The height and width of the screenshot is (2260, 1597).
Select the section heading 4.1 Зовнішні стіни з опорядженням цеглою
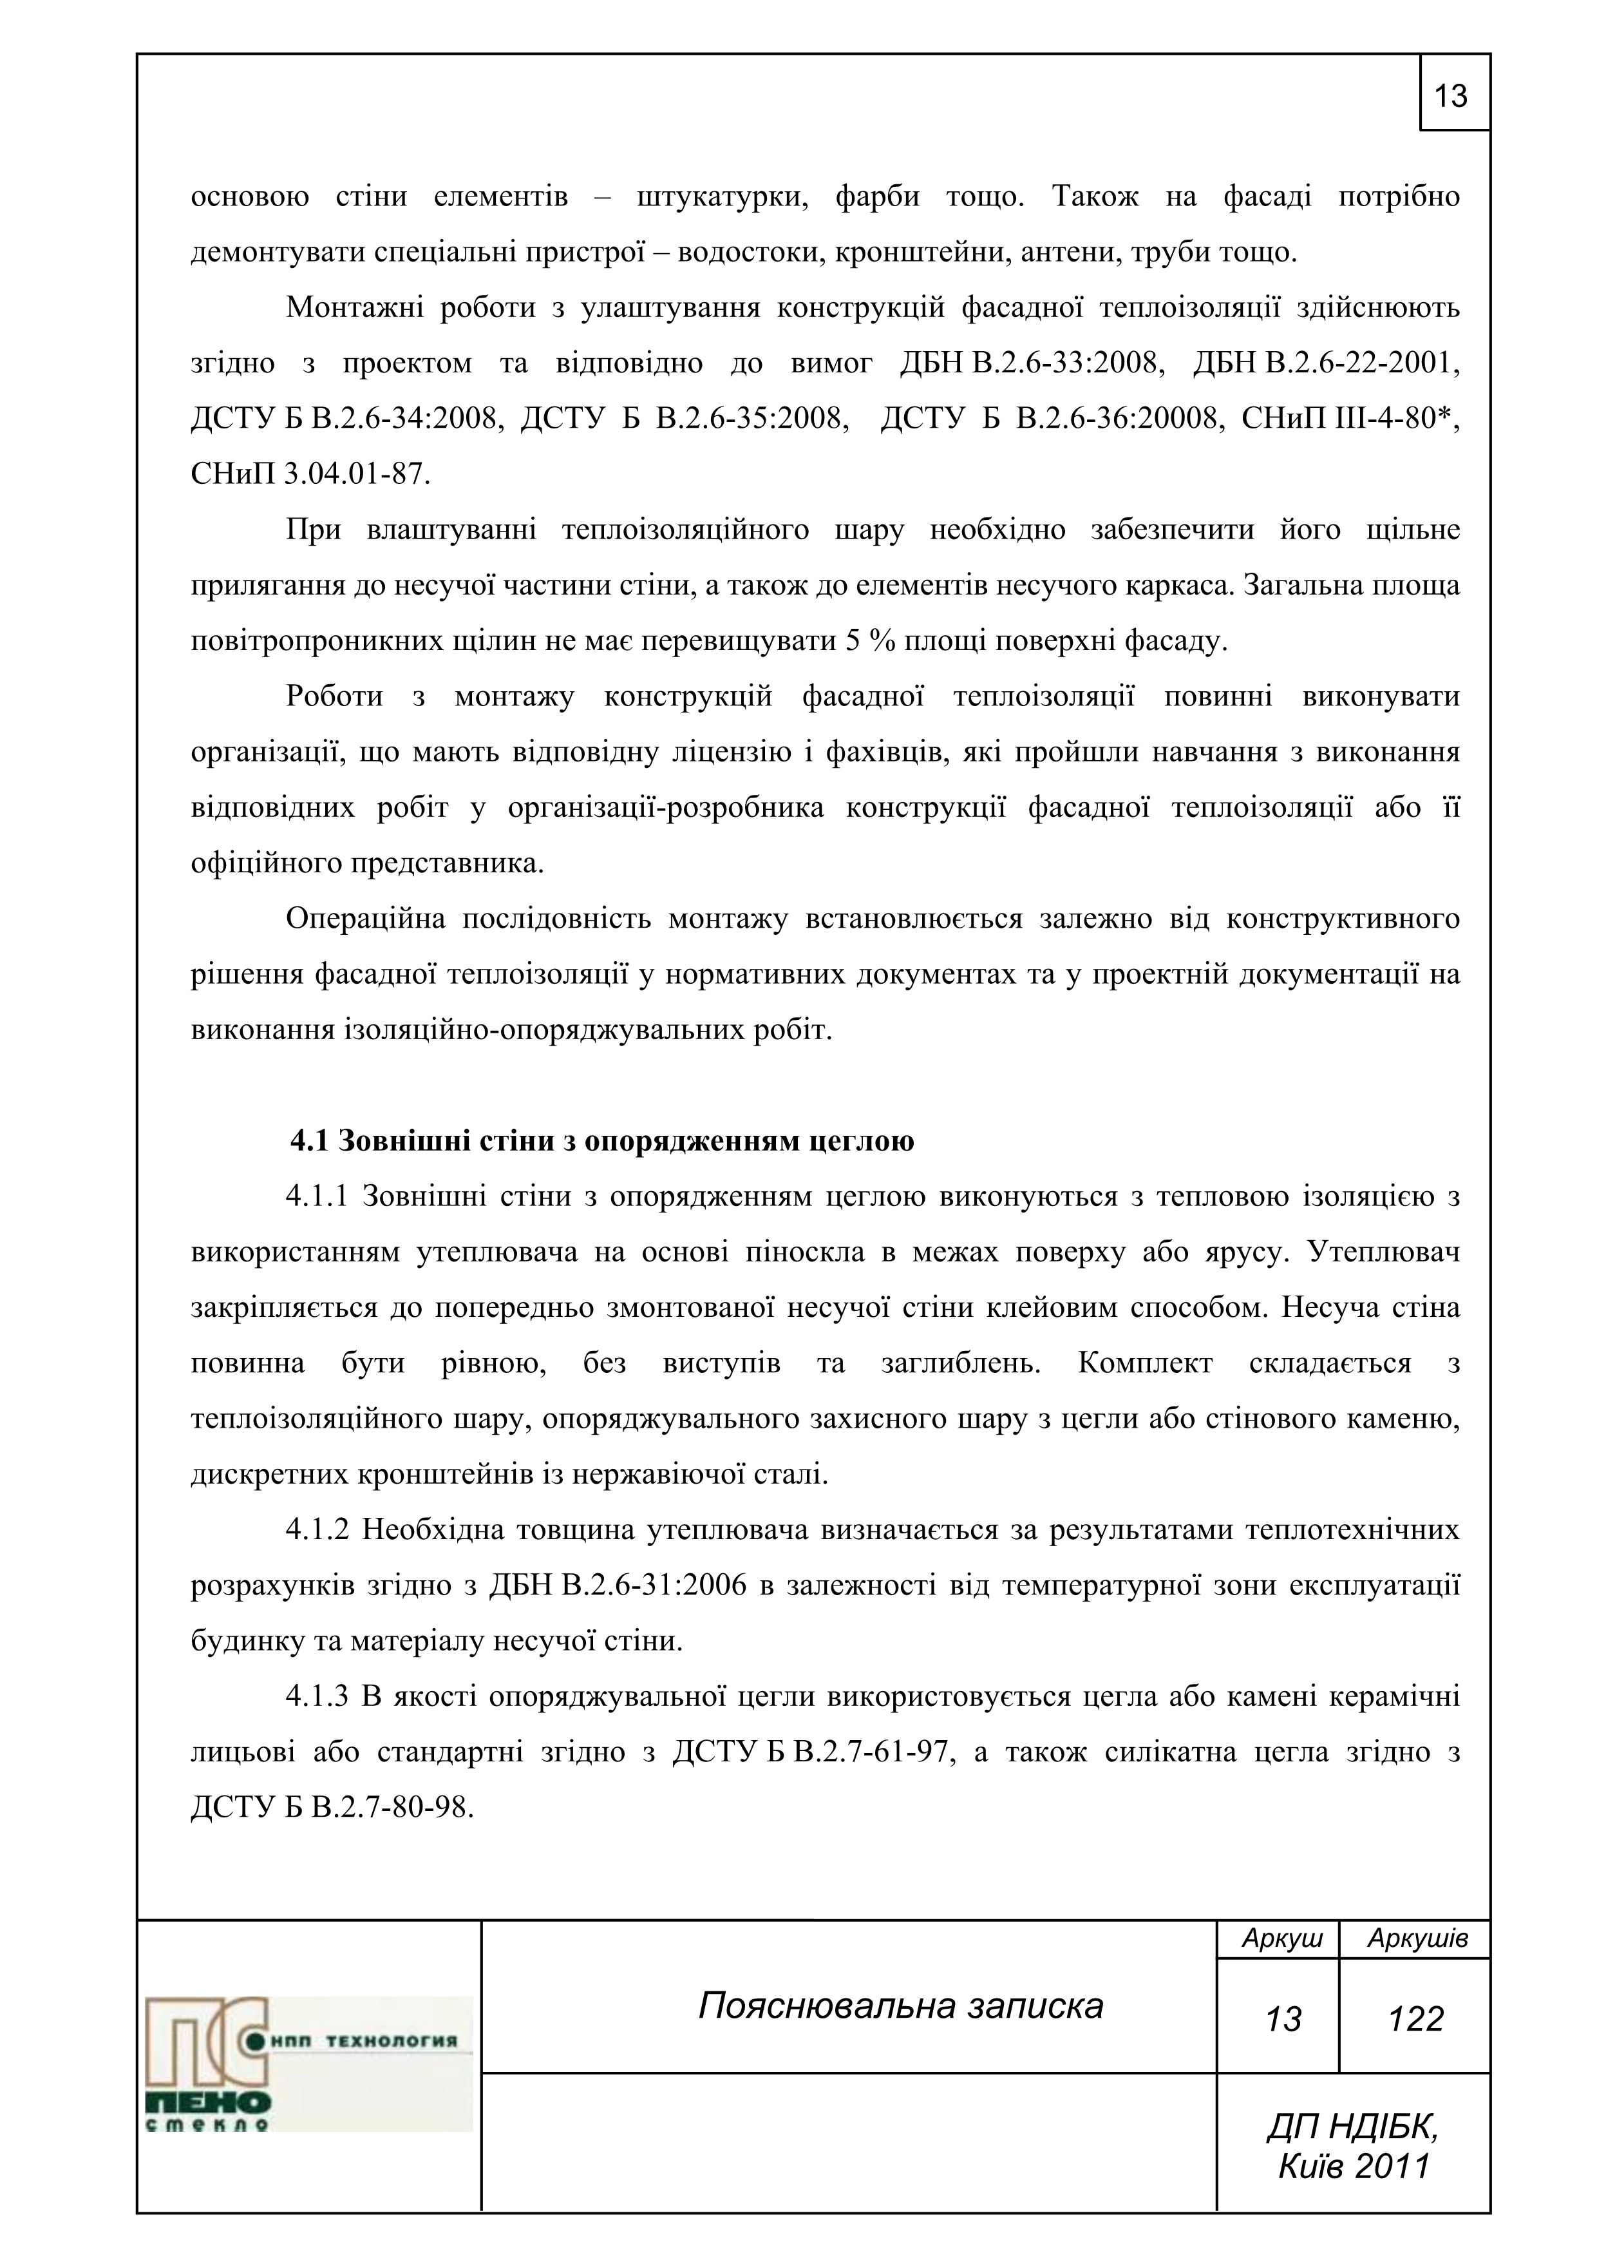click(x=601, y=1141)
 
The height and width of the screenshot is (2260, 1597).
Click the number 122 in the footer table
click(x=1415, y=2019)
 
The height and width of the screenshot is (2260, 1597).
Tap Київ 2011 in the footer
click(x=1353, y=2165)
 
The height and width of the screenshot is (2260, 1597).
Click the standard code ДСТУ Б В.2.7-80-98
click(x=332, y=1808)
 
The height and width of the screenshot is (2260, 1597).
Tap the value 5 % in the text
click(x=866, y=642)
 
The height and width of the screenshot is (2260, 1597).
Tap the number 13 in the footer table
click(x=1283, y=2019)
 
